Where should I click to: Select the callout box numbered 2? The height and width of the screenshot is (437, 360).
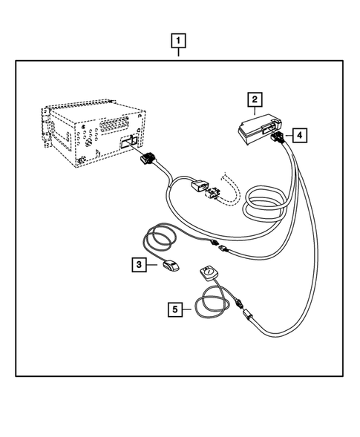click(x=254, y=98)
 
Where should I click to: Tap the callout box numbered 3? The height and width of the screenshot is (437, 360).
click(x=138, y=262)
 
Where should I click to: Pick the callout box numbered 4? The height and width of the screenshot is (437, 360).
click(x=297, y=135)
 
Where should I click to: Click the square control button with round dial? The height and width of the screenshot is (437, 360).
click(x=208, y=274)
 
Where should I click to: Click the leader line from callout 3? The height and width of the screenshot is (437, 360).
click(x=151, y=263)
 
